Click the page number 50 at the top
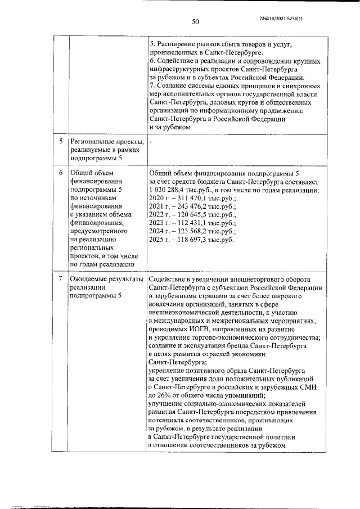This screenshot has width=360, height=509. coord(196,22)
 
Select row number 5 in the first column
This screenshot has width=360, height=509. coord(60,141)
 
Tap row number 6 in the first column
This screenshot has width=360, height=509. coord(60,173)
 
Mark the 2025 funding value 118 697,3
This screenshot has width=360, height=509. coord(191,240)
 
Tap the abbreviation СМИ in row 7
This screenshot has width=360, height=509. coord(307,387)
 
